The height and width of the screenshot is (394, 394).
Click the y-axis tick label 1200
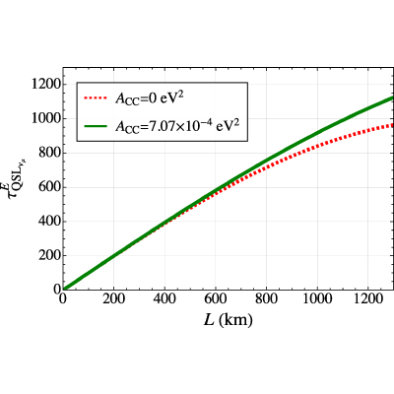(x=46, y=85)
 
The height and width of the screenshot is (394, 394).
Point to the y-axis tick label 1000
(x=46, y=119)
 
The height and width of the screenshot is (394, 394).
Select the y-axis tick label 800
(x=49, y=153)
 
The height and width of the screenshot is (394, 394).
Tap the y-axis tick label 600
(x=49, y=187)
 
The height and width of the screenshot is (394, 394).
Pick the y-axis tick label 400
(x=49, y=222)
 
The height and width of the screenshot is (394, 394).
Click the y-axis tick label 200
(x=49, y=256)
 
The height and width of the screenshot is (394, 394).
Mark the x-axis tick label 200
(x=113, y=299)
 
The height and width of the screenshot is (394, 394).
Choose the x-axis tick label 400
(x=164, y=299)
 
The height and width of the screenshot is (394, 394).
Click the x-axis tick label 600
(x=216, y=299)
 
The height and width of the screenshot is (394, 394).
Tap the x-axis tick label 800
(x=266, y=299)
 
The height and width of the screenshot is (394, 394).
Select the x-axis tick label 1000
(x=317, y=299)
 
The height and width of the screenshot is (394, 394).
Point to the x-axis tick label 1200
(x=367, y=299)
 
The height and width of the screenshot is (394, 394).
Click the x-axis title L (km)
(x=229, y=320)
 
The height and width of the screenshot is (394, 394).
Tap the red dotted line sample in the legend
(x=96, y=98)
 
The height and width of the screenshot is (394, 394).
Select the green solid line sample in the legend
(x=96, y=126)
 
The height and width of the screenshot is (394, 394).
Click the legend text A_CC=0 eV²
(x=148, y=98)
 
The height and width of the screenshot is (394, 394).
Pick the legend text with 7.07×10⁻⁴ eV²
(x=180, y=125)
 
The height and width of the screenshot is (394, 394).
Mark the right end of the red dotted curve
(x=393, y=125)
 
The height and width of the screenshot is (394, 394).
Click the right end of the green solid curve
(x=393, y=98)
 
